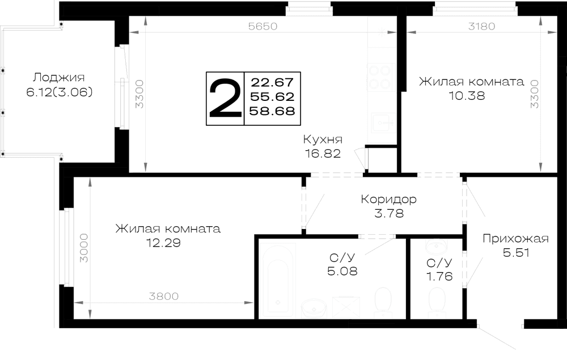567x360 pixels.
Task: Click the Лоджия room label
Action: coord(59,78)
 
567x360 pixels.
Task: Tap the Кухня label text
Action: coord(323,139)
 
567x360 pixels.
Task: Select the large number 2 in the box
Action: coord(225,99)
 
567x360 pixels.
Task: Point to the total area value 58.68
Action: coord(272,111)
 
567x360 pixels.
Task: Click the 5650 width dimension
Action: coord(263,26)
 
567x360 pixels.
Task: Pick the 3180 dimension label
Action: coord(481,26)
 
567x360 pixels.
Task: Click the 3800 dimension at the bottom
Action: coord(164,297)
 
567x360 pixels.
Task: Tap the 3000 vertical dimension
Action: coord(83,248)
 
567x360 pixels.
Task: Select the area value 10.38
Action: coord(467,96)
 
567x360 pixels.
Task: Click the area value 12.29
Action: coord(163,243)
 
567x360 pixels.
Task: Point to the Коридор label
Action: coord(389,199)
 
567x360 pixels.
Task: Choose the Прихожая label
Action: coord(515,239)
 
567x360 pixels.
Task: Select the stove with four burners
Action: coord(380,77)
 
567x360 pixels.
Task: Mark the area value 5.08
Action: coord(342,271)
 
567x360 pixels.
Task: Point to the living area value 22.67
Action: coord(272,82)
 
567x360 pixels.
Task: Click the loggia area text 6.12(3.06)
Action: coord(60,92)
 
